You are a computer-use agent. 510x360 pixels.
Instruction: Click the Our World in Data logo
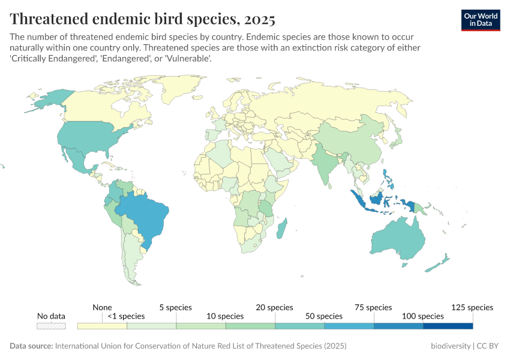[x=480, y=20]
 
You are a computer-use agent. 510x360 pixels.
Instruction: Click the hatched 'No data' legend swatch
[x=51, y=326]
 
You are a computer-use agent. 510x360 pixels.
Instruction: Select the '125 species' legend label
[x=472, y=307]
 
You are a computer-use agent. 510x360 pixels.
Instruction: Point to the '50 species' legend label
[x=324, y=316]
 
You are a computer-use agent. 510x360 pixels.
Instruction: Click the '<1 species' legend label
[x=126, y=316]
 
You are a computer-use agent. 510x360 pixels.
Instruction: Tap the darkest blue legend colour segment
[x=448, y=326]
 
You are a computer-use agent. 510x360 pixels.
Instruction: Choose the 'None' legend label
[x=102, y=307]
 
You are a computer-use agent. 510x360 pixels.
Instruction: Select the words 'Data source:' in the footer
[x=31, y=346]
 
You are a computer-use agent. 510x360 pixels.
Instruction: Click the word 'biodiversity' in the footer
[x=451, y=346]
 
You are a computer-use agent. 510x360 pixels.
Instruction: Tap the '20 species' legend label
[x=275, y=307]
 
